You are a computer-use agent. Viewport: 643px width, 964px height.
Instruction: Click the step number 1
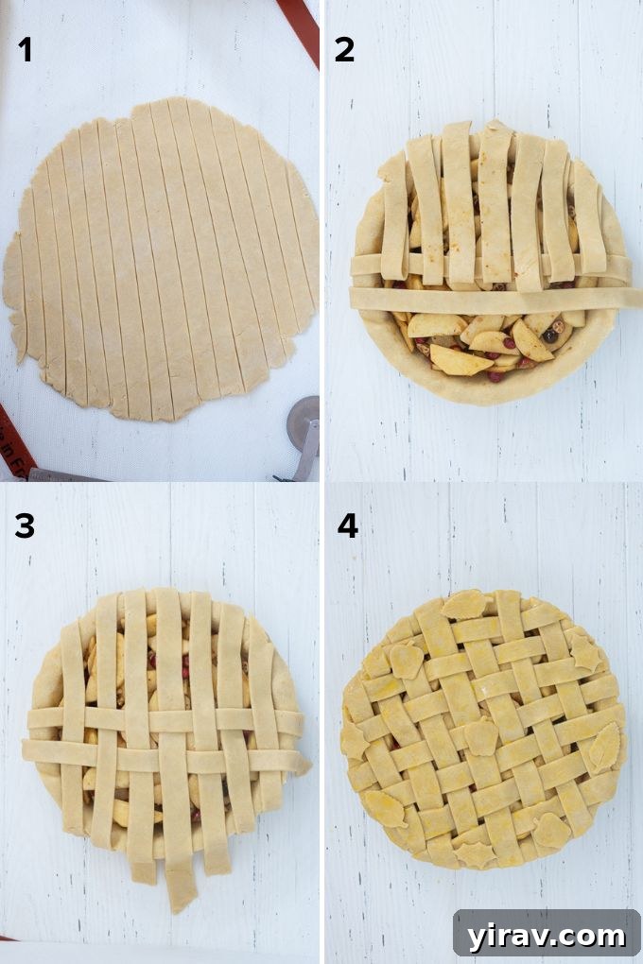coord(26,49)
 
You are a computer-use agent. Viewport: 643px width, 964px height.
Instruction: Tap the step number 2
coord(344,49)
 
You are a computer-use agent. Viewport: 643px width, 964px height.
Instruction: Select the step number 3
coord(26,525)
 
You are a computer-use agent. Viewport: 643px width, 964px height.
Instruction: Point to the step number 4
coord(347,525)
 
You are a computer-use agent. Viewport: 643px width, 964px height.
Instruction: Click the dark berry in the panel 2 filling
coord(549,336)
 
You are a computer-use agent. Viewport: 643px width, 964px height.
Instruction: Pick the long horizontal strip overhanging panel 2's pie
coord(492,299)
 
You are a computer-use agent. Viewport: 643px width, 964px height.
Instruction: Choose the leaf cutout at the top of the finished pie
coord(465,605)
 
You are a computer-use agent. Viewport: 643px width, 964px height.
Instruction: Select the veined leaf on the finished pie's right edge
coord(603,747)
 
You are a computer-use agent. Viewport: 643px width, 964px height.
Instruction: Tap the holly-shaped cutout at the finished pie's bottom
coord(473,853)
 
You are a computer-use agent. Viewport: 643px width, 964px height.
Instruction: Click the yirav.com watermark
coord(546,936)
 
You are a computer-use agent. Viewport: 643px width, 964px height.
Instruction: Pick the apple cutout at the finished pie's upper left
coord(405,660)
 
